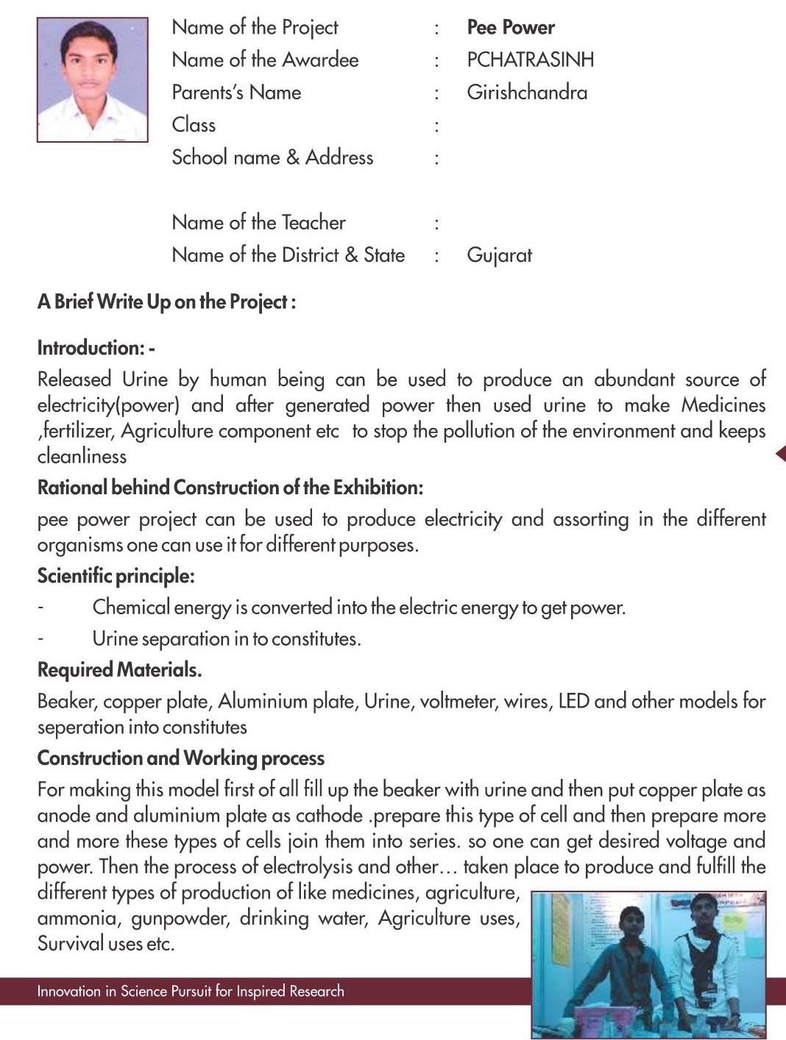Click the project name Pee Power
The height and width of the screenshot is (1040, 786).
click(510, 27)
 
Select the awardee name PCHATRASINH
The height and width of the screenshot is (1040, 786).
click(530, 60)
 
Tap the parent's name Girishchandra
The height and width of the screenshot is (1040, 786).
click(527, 93)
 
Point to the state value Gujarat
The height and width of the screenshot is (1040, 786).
click(499, 256)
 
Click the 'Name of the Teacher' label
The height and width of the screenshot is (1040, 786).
click(258, 222)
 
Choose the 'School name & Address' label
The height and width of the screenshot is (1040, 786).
click(272, 157)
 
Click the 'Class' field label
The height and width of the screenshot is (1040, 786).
click(194, 125)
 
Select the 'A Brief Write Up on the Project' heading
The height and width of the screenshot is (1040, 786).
click(166, 302)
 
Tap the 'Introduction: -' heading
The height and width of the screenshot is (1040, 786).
click(96, 348)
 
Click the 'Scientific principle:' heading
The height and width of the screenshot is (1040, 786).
click(116, 576)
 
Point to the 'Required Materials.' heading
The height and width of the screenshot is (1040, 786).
click(119, 670)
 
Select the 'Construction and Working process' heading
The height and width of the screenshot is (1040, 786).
click(180, 758)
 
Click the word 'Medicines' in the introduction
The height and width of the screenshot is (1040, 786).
click(723, 405)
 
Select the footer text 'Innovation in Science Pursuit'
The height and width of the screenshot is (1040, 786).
click(191, 991)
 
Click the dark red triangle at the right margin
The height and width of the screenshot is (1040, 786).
click(782, 454)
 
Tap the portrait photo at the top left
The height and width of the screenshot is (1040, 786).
click(92, 79)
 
